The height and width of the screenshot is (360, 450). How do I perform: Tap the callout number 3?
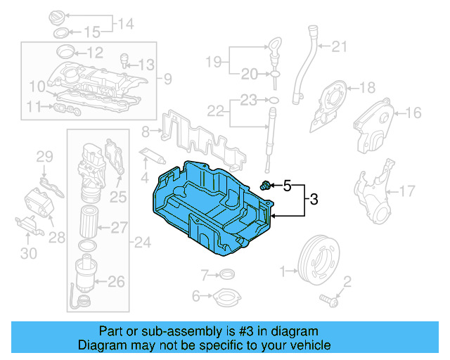[314, 200]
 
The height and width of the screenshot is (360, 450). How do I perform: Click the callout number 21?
[340, 47]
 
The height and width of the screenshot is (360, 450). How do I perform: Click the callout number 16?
[413, 112]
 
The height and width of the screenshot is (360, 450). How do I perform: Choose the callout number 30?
[28, 253]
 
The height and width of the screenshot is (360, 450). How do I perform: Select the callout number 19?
[214, 62]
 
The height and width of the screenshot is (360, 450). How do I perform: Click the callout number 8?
[146, 131]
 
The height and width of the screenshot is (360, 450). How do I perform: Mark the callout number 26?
[116, 282]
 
